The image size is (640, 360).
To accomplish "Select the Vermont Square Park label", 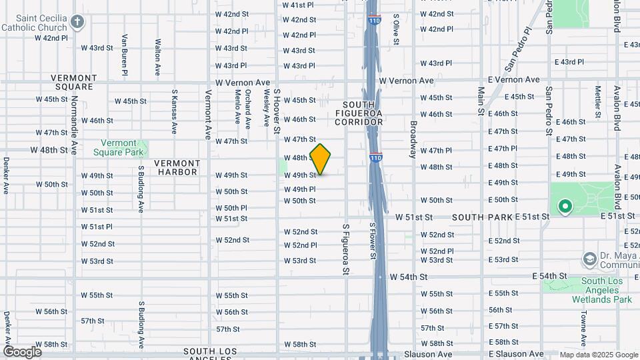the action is click(123, 147).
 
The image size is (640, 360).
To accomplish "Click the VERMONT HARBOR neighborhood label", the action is click(176, 167).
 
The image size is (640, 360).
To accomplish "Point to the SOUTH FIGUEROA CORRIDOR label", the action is click(363, 113).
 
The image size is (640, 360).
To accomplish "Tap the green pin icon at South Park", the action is click(565, 207).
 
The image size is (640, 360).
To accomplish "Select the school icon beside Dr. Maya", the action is click(589, 257).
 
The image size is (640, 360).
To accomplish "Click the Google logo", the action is click(22, 351).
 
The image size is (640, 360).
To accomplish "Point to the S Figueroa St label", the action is click(345, 249).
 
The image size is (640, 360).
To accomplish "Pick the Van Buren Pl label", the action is click(125, 51).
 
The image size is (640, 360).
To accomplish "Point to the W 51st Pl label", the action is click(97, 227).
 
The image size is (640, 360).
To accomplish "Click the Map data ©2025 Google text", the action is click(598, 355).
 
